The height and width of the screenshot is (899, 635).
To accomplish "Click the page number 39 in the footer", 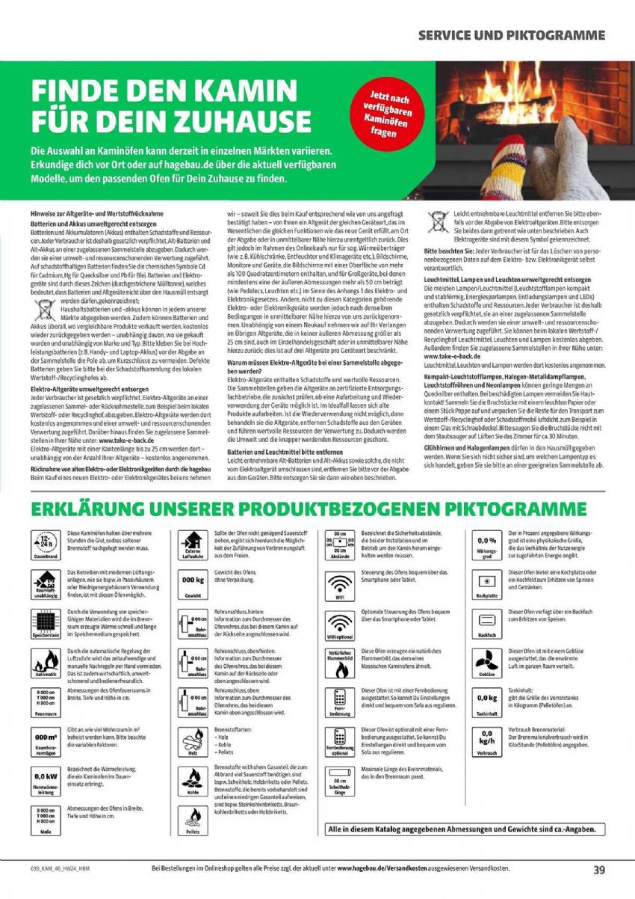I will [599, 870].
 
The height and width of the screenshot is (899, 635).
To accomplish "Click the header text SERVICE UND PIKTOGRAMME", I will [512, 35].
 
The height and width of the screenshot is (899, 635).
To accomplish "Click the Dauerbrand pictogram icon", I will [46, 544].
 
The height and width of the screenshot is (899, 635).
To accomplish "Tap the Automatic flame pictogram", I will [46, 663].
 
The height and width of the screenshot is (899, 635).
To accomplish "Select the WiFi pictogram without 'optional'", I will [341, 586].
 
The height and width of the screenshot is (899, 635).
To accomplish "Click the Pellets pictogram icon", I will [193, 820].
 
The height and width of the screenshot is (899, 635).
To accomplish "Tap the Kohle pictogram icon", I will [193, 781].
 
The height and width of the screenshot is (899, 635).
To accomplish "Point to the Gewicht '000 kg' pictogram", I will [192, 584].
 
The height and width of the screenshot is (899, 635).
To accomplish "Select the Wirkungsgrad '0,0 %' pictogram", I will [487, 544].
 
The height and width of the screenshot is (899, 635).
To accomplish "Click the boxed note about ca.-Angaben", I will [465, 830].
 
